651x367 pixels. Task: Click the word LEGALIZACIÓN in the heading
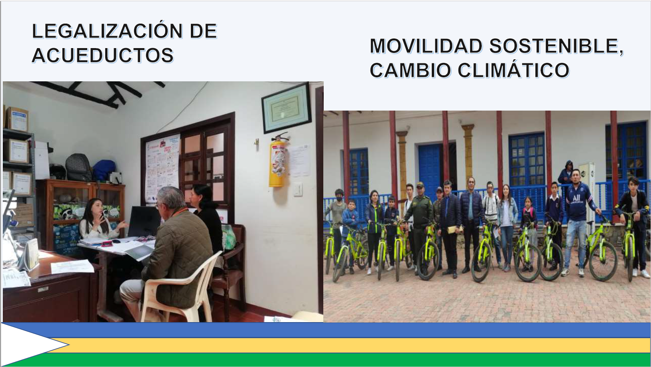(107, 31)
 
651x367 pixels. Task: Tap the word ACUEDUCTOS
(103, 55)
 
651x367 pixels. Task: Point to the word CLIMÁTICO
(513, 70)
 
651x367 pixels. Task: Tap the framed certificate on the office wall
(286, 108)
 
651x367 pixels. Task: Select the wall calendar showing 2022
(162, 168)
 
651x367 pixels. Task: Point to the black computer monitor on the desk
(144, 222)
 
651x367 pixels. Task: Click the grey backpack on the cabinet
(78, 167)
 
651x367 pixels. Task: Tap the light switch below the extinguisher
(298, 190)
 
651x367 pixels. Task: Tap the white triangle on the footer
(32, 345)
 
